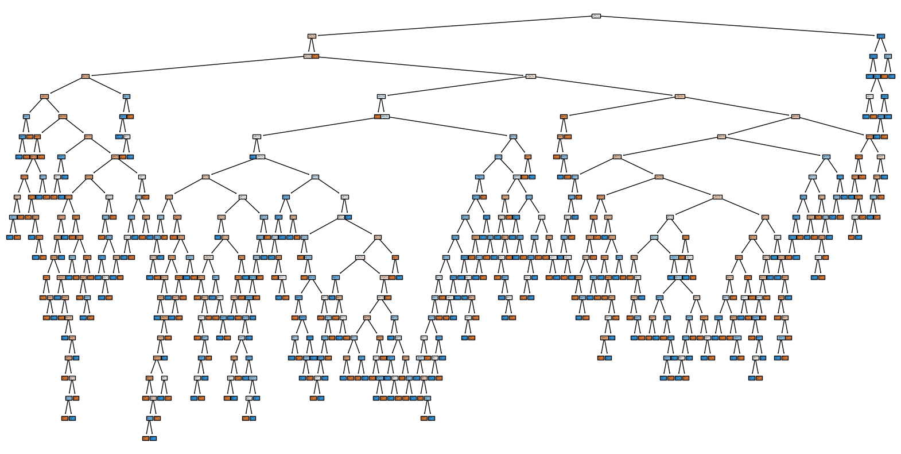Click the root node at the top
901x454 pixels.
click(x=596, y=16)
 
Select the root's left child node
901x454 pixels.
click(x=312, y=36)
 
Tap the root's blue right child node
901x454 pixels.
click(x=880, y=36)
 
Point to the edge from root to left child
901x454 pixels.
click(x=453, y=26)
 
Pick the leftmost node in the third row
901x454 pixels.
click(x=308, y=56)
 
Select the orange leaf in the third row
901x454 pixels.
click(x=315, y=56)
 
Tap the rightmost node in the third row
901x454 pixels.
click(x=888, y=56)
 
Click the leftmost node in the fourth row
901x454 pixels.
click(x=86, y=76)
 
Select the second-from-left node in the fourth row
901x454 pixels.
click(x=531, y=76)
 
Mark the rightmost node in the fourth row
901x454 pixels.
click(x=892, y=76)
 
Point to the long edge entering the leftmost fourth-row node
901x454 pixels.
click(x=195, y=66)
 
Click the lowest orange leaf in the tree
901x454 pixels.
click(x=146, y=438)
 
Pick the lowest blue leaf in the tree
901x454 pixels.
click(x=153, y=438)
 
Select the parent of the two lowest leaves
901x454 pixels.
click(x=149, y=418)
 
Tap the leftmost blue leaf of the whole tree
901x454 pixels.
click(x=10, y=237)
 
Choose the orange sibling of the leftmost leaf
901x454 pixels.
click(x=17, y=237)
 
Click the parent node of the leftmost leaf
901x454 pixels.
click(x=13, y=217)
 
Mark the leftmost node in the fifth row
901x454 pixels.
click(x=44, y=96)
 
